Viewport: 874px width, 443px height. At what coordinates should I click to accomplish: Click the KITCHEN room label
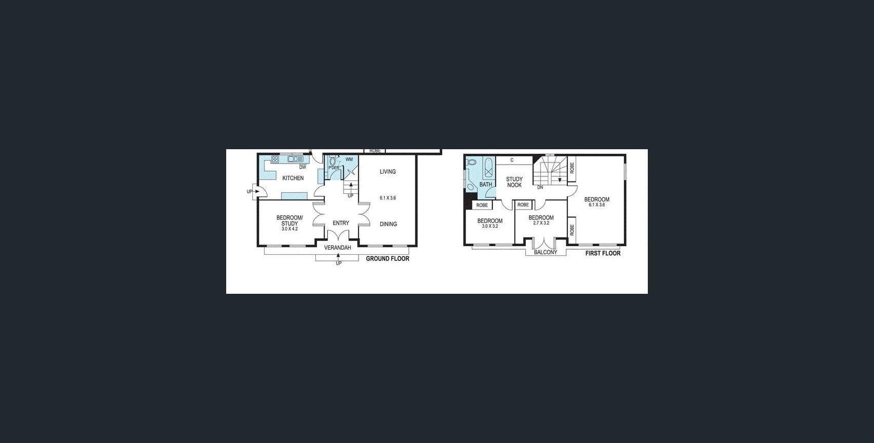pyautogui.click(x=293, y=178)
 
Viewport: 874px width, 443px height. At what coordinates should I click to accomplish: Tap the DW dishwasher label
pyautogui.click(x=303, y=167)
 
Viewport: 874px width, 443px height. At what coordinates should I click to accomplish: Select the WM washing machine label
pyautogui.click(x=349, y=159)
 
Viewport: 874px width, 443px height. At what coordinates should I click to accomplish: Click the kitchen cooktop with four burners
pyautogui.click(x=275, y=159)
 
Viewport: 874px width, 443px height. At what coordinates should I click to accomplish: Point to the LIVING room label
pyautogui.click(x=388, y=172)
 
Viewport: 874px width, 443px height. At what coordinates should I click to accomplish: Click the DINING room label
pyautogui.click(x=388, y=224)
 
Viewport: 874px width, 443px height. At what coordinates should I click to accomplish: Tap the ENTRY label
pyautogui.click(x=341, y=223)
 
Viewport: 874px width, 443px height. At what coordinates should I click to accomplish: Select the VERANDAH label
pyautogui.click(x=337, y=248)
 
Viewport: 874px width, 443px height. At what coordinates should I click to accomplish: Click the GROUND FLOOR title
pyautogui.click(x=387, y=259)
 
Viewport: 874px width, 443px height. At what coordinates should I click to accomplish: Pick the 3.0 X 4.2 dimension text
pyautogui.click(x=289, y=229)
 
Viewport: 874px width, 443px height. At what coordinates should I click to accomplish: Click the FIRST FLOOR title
pyautogui.click(x=603, y=253)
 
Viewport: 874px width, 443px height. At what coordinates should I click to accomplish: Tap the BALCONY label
pyautogui.click(x=545, y=252)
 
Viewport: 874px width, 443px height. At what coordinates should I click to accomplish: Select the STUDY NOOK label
pyautogui.click(x=514, y=182)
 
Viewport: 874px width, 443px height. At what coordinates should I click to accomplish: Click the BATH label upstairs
pyautogui.click(x=485, y=185)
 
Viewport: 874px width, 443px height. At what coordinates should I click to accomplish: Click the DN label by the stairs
pyautogui.click(x=540, y=188)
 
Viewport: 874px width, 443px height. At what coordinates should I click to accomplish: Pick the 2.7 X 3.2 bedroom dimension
pyautogui.click(x=541, y=223)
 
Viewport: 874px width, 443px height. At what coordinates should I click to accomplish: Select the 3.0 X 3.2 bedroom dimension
pyautogui.click(x=490, y=226)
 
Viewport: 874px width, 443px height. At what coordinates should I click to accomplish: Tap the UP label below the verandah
pyautogui.click(x=339, y=264)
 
